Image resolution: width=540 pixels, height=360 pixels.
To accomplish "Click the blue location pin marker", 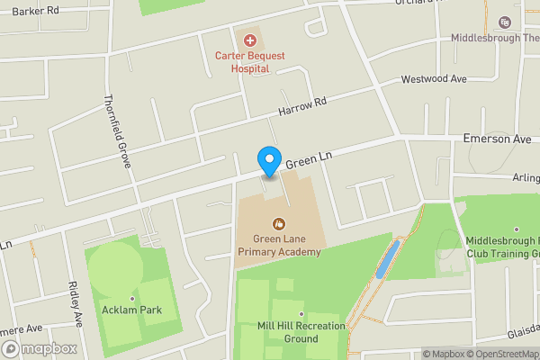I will pyautogui.click(x=268, y=159).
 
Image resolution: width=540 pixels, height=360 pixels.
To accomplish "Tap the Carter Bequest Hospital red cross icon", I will pyautogui.click(x=250, y=40).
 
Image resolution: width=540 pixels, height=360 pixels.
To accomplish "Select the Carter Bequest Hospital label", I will pyautogui.click(x=249, y=61).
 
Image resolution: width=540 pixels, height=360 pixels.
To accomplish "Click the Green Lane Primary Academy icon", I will pyautogui.click(x=279, y=223).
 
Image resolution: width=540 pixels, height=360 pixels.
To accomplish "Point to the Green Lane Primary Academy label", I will pyautogui.click(x=279, y=246).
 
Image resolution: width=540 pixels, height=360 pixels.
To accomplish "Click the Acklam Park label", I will pyautogui.click(x=132, y=310).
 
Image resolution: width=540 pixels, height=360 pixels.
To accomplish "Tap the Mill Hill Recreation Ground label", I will pyautogui.click(x=287, y=332).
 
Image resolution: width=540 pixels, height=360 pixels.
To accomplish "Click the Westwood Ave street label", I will pyautogui.click(x=434, y=79).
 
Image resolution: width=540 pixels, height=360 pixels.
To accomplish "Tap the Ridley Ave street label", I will pyautogui.click(x=76, y=304).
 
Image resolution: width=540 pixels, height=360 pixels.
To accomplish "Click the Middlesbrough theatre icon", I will pyautogui.click(x=504, y=22).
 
